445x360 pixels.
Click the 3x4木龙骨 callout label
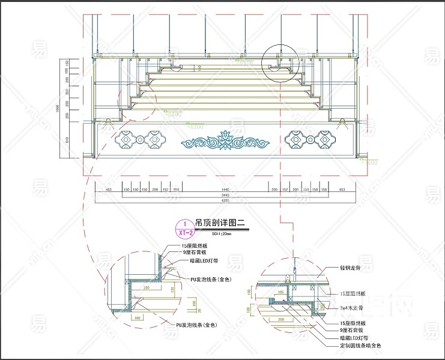pyautogui.click(x=353, y=307)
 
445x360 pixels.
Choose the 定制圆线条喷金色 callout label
pyautogui.click(x=360, y=345)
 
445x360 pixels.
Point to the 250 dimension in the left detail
pyautogui.click(x=146, y=287)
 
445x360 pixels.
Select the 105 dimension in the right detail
pyautogui.click(x=280, y=292)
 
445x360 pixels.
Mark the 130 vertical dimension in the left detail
pyautogui.click(x=172, y=290)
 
